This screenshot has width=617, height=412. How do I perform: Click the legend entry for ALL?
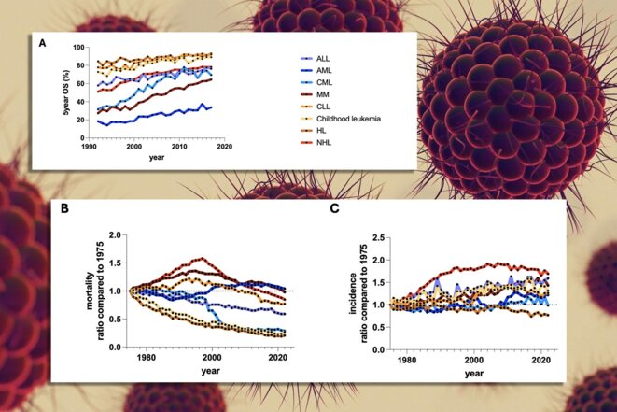click(323, 59)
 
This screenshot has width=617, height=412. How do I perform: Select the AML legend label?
click(324, 70)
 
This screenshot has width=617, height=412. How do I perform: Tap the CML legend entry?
click(324, 83)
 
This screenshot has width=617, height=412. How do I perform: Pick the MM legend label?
click(323, 94)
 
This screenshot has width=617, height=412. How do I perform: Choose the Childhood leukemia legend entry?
click(348, 119)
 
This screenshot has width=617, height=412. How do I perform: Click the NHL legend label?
click(324, 143)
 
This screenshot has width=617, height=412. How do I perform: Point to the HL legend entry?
click(321, 131)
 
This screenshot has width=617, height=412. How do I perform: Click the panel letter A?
click(42, 43)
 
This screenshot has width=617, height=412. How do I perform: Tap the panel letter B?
click(65, 208)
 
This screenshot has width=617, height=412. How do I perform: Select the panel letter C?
click(334, 208)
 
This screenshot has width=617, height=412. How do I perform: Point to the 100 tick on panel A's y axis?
click(78, 48)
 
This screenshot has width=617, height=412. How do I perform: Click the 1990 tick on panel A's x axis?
click(89, 147)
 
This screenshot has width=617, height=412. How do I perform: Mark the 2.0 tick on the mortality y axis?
click(116, 234)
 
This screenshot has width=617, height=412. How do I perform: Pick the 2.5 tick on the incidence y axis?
click(379, 237)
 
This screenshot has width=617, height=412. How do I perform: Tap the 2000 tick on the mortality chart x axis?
click(212, 358)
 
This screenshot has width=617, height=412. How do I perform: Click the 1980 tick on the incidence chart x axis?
click(407, 360)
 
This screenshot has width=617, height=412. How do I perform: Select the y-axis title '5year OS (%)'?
click(65, 92)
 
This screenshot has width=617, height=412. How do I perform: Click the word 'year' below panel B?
click(211, 371)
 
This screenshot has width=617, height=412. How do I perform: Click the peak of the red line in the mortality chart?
click(203, 259)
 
